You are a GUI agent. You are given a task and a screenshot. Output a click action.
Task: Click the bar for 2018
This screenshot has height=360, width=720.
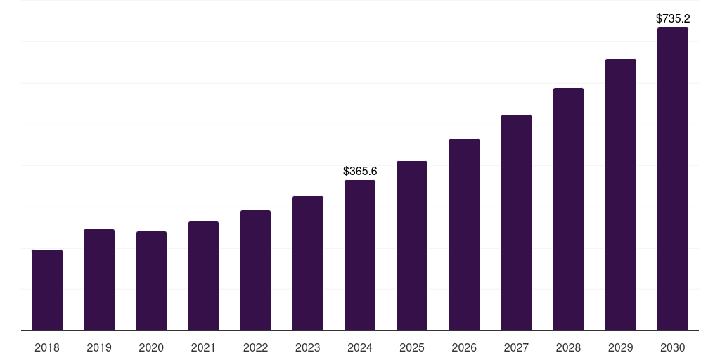click(47, 290)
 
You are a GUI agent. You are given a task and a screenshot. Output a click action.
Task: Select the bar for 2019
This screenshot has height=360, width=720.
click(99, 280)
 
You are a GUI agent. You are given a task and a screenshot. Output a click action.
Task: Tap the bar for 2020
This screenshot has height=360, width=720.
click(151, 281)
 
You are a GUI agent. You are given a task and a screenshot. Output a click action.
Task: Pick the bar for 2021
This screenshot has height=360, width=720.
click(203, 276)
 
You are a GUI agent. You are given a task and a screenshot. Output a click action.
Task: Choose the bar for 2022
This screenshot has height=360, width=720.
click(255, 271)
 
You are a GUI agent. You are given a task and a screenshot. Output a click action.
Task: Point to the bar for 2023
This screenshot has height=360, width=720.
click(308, 264)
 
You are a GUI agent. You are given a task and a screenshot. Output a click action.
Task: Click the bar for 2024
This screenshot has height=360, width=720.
click(360, 255)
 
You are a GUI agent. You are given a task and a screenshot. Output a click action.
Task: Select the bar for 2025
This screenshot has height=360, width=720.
click(412, 246)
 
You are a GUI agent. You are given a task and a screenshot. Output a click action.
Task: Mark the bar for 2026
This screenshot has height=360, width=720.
click(464, 235)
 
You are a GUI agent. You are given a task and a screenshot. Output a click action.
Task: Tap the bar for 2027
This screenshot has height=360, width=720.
click(516, 223)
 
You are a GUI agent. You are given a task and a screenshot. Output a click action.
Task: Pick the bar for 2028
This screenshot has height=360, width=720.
click(568, 210)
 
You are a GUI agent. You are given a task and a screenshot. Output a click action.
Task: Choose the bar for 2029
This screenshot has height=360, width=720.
click(621, 195)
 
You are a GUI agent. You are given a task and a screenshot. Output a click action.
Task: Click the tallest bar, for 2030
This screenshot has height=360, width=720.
click(673, 179)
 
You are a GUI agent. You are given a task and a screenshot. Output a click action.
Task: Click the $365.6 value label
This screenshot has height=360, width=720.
click(360, 172)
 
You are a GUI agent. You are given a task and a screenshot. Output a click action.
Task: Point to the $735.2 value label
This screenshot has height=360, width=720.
click(673, 19)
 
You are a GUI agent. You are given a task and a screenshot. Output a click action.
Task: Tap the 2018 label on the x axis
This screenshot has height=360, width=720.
click(47, 347)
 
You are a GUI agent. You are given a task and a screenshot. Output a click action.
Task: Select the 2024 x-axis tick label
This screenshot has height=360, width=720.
click(360, 347)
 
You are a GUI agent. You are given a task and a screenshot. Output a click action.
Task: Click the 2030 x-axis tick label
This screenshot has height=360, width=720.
click(673, 347)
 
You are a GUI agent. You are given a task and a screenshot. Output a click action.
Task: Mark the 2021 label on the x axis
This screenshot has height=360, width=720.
click(203, 347)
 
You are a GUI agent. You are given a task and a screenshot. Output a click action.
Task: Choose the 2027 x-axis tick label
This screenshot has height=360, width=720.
click(516, 347)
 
